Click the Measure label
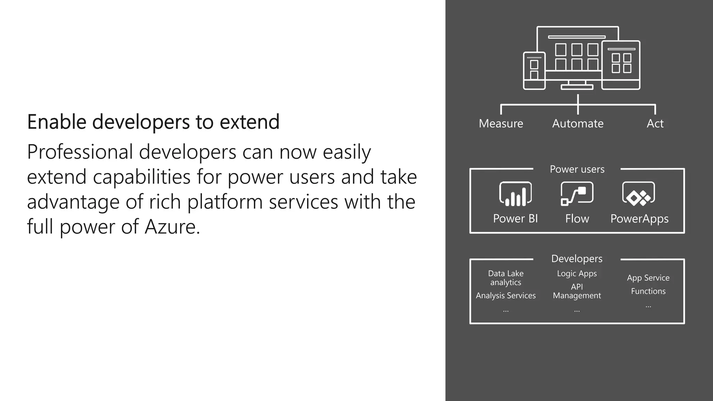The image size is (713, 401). (501, 124)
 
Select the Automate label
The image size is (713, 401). (578, 124)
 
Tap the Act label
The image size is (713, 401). (655, 124)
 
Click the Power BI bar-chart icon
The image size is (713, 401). (515, 194)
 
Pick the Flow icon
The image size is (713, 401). (577, 194)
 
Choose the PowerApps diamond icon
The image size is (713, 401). (638, 194)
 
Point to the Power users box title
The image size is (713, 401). (577, 169)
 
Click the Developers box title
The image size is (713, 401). (577, 259)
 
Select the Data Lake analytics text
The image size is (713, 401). (506, 278)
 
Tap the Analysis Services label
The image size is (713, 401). (506, 296)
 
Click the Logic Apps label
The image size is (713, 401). (577, 274)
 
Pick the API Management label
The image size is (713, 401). (577, 291)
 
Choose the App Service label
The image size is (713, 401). (648, 278)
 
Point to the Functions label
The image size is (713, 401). (648, 291)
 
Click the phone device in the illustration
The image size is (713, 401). (534, 71)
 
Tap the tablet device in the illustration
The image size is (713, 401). (621, 65)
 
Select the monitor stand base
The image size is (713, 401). (577, 87)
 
